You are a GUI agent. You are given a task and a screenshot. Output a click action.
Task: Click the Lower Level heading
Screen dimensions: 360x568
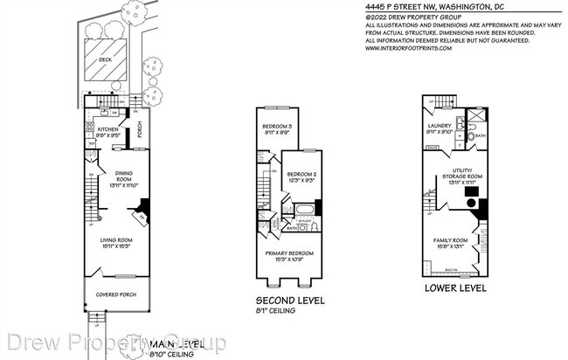[x=454, y=287]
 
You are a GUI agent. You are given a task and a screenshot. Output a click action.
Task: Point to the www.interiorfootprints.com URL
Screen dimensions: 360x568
[x=409, y=48]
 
